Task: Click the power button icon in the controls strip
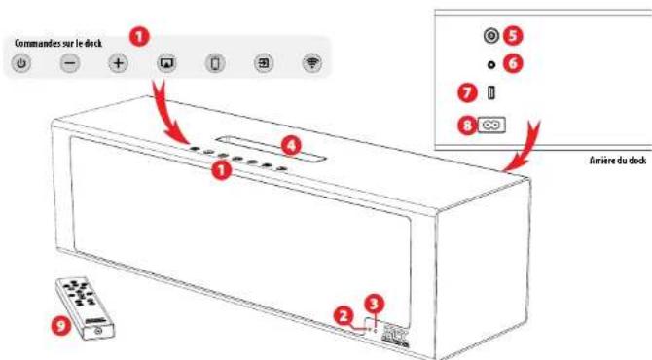tap(22, 64)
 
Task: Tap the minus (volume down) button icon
tap(70, 64)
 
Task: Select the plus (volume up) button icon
tap(118, 64)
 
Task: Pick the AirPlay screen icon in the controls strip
tap(166, 64)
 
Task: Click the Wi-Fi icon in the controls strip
tap(311, 64)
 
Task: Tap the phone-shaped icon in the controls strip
tap(215, 64)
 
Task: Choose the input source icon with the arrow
tap(264, 64)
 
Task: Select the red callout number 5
tap(513, 35)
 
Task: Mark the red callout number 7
tap(468, 93)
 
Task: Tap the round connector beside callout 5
tap(491, 35)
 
